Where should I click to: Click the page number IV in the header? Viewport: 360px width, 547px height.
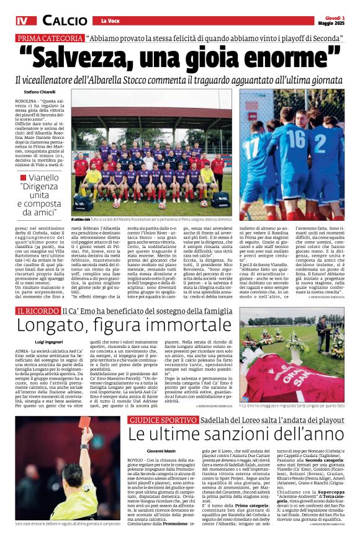[x=22, y=20]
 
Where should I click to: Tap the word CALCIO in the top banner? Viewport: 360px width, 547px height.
[x=65, y=20]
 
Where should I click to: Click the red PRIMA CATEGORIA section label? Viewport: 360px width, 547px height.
[x=50, y=38]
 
